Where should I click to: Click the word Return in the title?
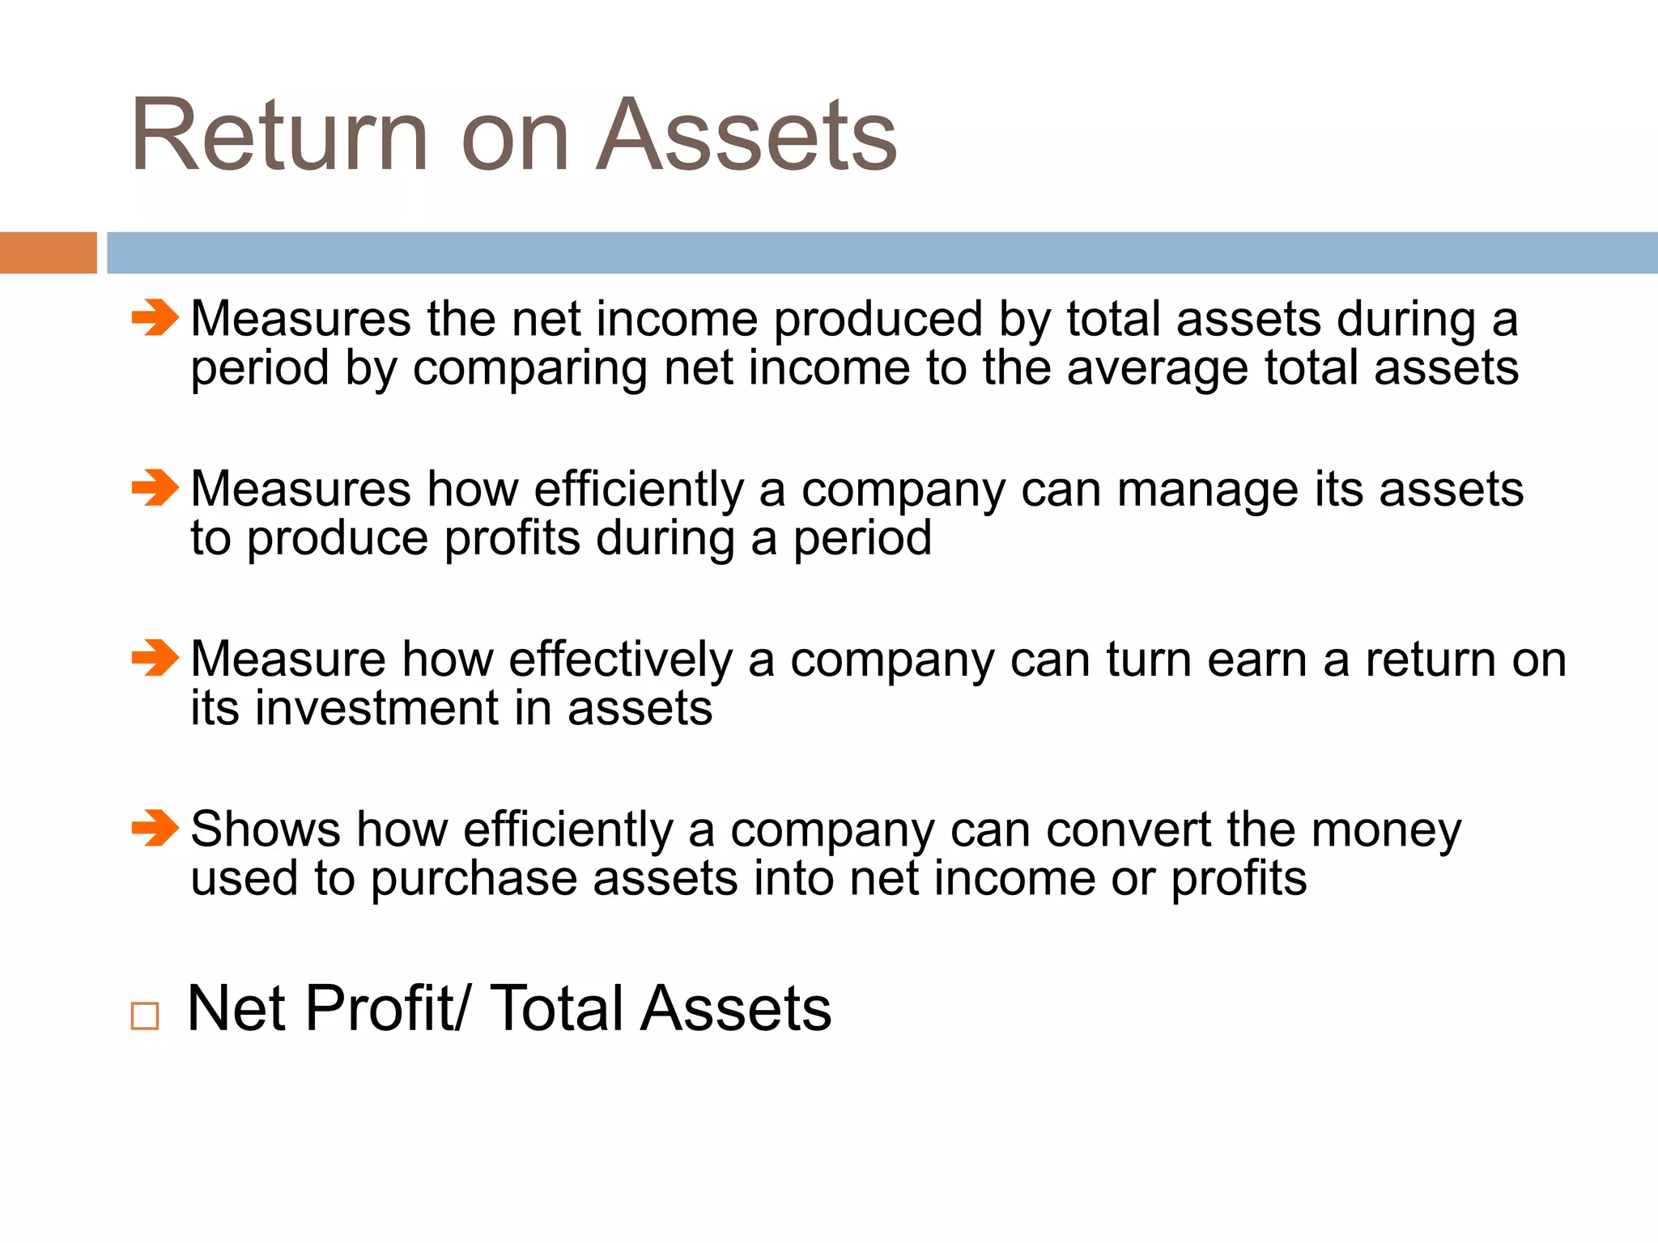tap(279, 135)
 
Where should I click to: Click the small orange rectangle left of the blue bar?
tap(48, 252)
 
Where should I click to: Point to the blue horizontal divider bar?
tap(882, 252)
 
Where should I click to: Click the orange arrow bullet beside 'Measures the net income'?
tap(155, 317)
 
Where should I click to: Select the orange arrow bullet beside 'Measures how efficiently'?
tap(155, 488)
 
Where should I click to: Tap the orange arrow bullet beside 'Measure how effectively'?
tap(155, 658)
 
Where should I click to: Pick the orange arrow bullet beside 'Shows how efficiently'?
tap(155, 828)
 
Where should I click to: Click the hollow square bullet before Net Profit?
tap(145, 1016)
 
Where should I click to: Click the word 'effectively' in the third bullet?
tap(620, 660)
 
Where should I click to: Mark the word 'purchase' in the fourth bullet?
tap(474, 880)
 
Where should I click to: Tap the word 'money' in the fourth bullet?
tap(1386, 831)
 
